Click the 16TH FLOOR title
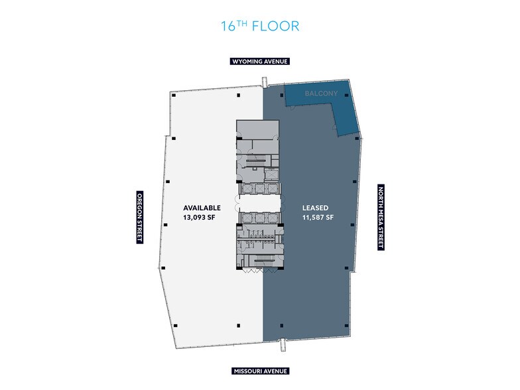point(260,26)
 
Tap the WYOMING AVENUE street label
point(260,61)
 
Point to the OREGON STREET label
point(140,217)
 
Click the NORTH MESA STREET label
point(381,217)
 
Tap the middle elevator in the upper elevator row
point(260,189)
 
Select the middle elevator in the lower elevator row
point(260,217)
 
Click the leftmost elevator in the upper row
point(245,189)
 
